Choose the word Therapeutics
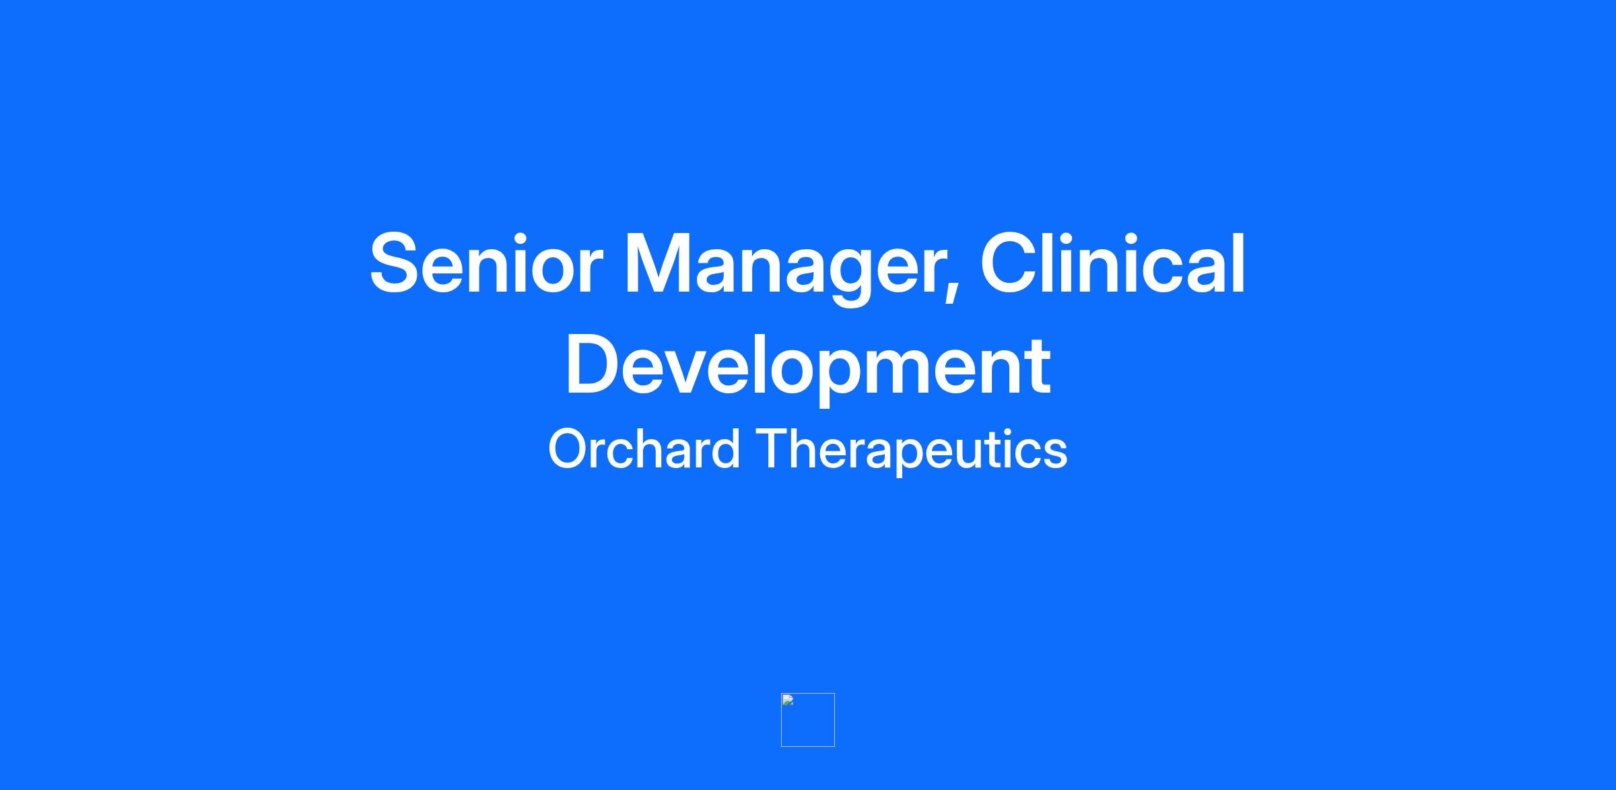(x=912, y=451)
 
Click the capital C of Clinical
(x=1009, y=263)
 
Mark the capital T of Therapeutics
(x=774, y=448)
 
